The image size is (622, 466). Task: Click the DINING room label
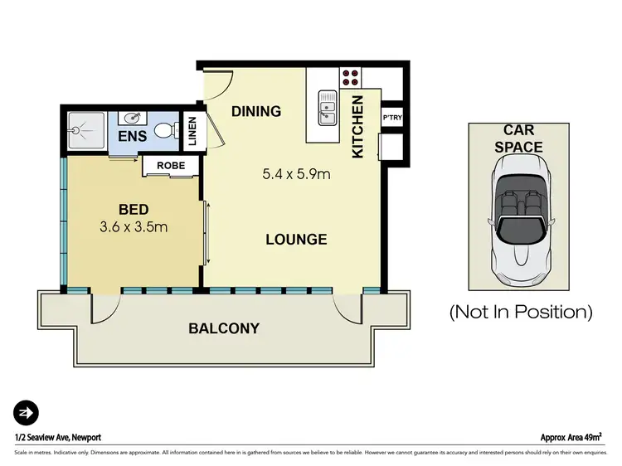[256, 111]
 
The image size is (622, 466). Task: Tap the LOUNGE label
[296, 240]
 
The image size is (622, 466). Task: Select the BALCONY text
[224, 328]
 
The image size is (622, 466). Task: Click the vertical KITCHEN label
[358, 127]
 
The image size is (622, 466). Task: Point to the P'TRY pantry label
[391, 118]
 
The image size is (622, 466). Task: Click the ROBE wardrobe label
[171, 165]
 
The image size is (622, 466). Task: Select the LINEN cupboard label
[192, 132]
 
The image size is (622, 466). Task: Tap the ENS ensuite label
[133, 136]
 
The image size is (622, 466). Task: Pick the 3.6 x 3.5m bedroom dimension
[134, 225]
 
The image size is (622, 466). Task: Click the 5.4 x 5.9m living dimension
[297, 174]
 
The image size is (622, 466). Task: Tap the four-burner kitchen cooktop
[350, 76]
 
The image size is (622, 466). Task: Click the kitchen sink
[328, 106]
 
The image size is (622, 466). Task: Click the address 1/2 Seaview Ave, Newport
[57, 437]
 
